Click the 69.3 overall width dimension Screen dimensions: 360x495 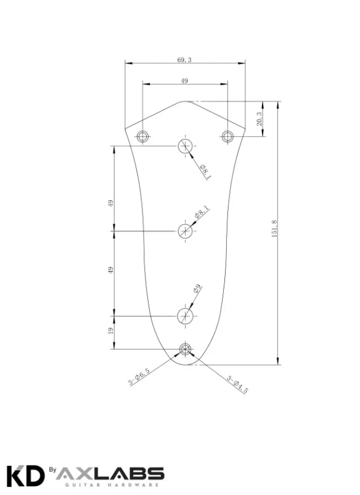point(184,60)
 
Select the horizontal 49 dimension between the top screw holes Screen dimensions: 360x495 point(184,81)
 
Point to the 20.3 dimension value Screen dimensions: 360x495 point(260,119)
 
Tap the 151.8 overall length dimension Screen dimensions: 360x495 point(274,229)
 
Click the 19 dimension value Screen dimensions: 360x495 point(110,331)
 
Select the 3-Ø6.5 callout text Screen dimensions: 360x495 point(139,377)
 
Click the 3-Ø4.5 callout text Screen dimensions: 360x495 point(237,385)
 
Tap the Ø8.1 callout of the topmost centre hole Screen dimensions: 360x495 point(205,172)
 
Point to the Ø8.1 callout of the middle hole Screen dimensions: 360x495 point(202,212)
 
